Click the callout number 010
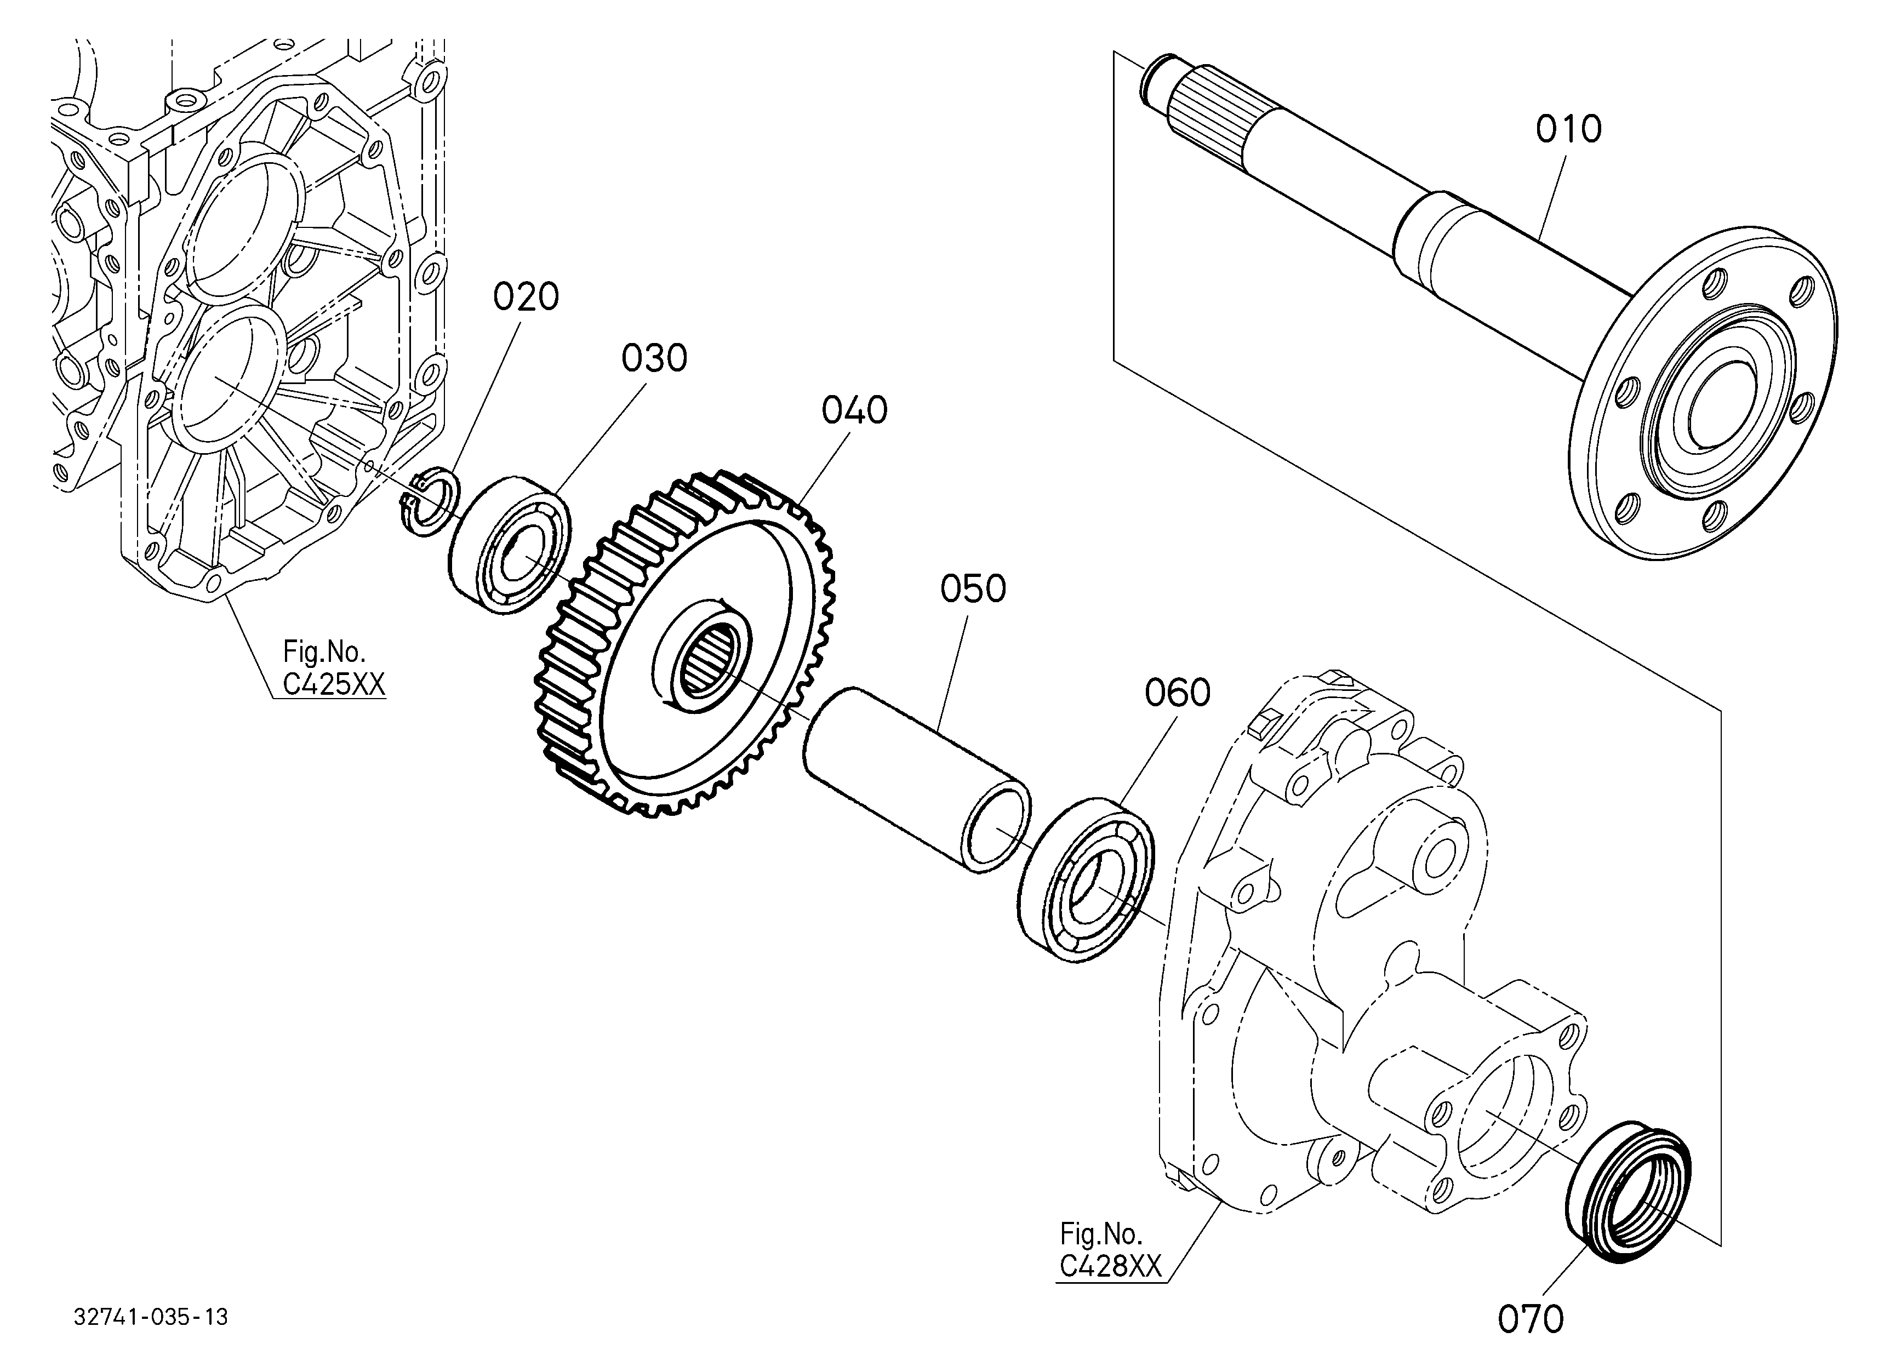coord(1568,130)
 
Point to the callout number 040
coord(854,411)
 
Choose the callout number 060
coord(1177,693)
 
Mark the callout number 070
coord(1531,1319)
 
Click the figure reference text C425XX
coord(333,684)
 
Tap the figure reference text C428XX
coord(1110,1266)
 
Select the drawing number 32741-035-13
coord(151,1317)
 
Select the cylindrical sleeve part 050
coord(917,780)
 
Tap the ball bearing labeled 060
coord(1085,879)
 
